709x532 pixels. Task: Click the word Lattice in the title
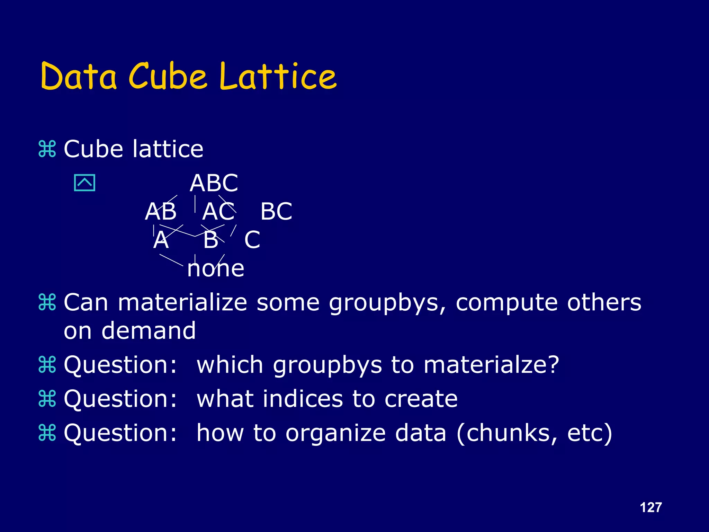point(278,76)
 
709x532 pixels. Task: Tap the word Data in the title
point(79,76)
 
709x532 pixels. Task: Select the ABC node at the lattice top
point(214,183)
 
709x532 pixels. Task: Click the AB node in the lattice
point(161,211)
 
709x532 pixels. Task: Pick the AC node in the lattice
point(218,211)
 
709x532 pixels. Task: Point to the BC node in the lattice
point(276,211)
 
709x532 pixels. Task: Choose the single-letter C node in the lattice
point(252,240)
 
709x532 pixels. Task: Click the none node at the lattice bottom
point(216,268)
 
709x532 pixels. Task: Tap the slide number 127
point(651,507)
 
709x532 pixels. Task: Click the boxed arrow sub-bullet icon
point(84,183)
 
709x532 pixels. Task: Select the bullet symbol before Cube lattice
point(47,149)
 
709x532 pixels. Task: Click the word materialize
point(182,302)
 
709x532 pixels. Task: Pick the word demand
point(149,330)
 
